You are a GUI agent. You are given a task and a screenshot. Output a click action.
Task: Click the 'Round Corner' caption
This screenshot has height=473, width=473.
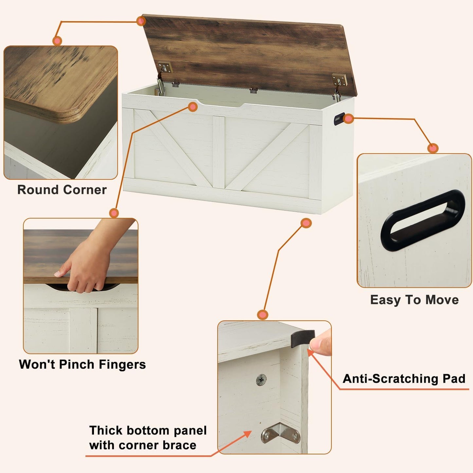(x=62, y=190)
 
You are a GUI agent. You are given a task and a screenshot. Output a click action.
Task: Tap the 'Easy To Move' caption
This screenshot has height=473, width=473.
(x=414, y=300)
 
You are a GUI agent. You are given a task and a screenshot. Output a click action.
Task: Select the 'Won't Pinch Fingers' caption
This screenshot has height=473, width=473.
(x=82, y=364)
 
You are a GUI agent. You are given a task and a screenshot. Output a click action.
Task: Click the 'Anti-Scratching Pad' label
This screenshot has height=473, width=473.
(x=404, y=379)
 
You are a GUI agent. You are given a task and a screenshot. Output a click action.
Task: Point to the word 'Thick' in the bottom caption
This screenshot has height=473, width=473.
(x=106, y=430)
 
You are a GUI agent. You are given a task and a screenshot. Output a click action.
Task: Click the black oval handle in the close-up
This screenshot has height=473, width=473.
(x=422, y=220)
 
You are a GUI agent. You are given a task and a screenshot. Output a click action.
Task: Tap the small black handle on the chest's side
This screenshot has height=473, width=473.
(x=339, y=118)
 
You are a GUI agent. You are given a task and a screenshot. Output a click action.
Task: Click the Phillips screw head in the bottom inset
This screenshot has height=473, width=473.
(x=261, y=380)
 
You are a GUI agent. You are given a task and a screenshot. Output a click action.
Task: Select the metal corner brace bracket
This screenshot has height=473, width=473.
(x=281, y=433)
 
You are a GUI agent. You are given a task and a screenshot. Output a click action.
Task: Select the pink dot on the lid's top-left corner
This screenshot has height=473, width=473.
(x=141, y=21)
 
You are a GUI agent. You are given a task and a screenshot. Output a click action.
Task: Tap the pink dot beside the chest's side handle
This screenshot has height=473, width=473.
(x=349, y=118)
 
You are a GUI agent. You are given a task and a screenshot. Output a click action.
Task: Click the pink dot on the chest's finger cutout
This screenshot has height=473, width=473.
(x=193, y=107)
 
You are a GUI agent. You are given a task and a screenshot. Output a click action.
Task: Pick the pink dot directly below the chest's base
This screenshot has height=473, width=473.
(x=306, y=223)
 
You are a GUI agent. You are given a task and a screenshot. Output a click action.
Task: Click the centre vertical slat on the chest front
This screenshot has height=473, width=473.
(x=219, y=152)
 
